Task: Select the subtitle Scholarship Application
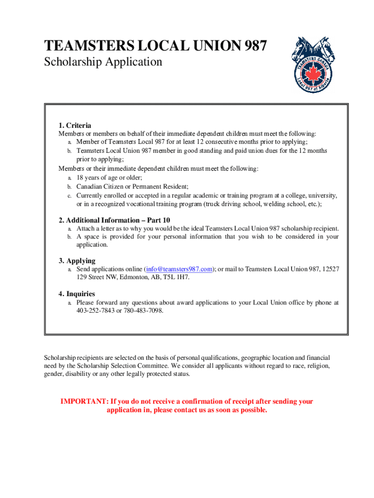pos(103,62)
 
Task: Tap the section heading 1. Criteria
pos(75,125)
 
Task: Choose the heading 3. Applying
pos(77,261)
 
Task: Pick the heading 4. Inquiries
pos(77,294)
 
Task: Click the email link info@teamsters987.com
pos(179,269)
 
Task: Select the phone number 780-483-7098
pos(143,310)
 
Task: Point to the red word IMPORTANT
pos(84,402)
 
